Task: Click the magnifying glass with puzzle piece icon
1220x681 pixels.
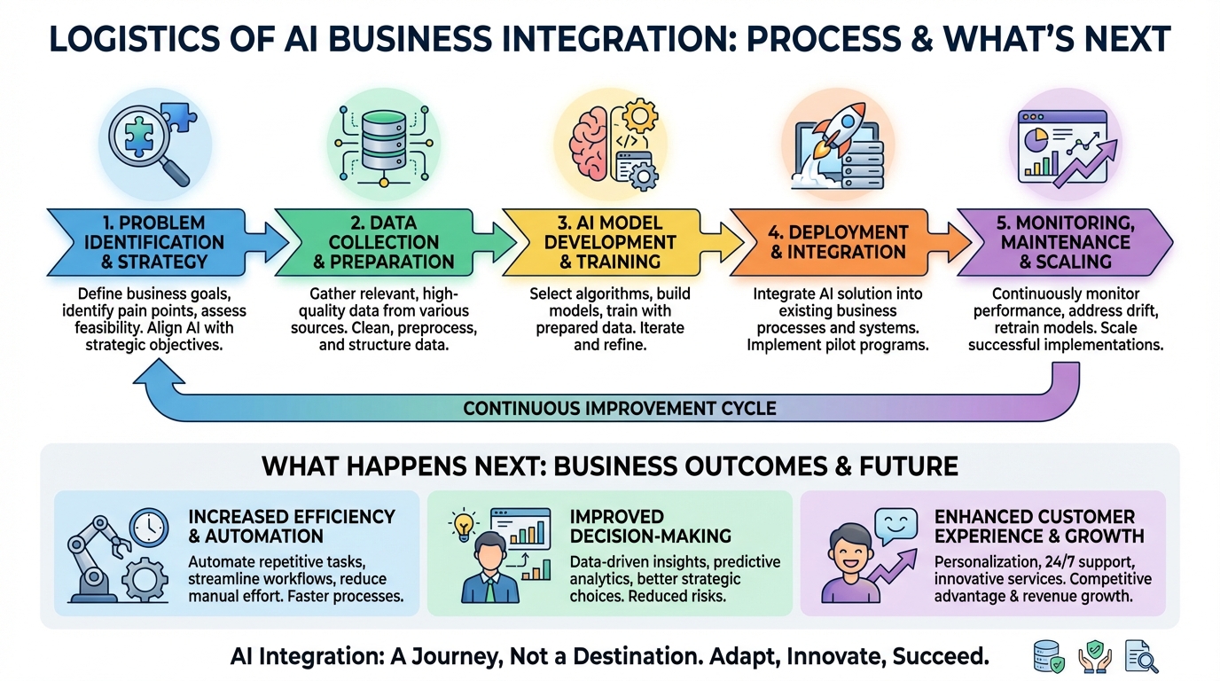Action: pos(147,143)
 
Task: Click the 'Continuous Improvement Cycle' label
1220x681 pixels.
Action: pos(619,408)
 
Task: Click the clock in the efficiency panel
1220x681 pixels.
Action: pos(149,528)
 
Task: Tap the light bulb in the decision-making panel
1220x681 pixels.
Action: pos(464,526)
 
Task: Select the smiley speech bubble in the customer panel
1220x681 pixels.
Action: pos(895,526)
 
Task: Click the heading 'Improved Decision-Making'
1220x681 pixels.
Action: pos(650,527)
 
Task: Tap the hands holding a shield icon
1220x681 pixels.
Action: pos(1095,656)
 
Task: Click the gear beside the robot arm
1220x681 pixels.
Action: pos(145,578)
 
